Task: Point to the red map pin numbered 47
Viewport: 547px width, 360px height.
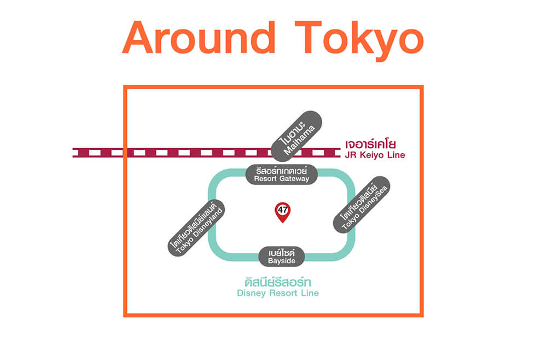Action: (282, 212)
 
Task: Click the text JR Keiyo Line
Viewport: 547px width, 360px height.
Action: (375, 155)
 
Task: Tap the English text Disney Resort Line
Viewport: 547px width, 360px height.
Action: (278, 293)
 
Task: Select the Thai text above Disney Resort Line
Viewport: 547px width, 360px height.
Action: (278, 282)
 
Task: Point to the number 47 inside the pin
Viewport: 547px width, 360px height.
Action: (282, 210)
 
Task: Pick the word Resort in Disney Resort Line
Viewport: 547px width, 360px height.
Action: (283, 293)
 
